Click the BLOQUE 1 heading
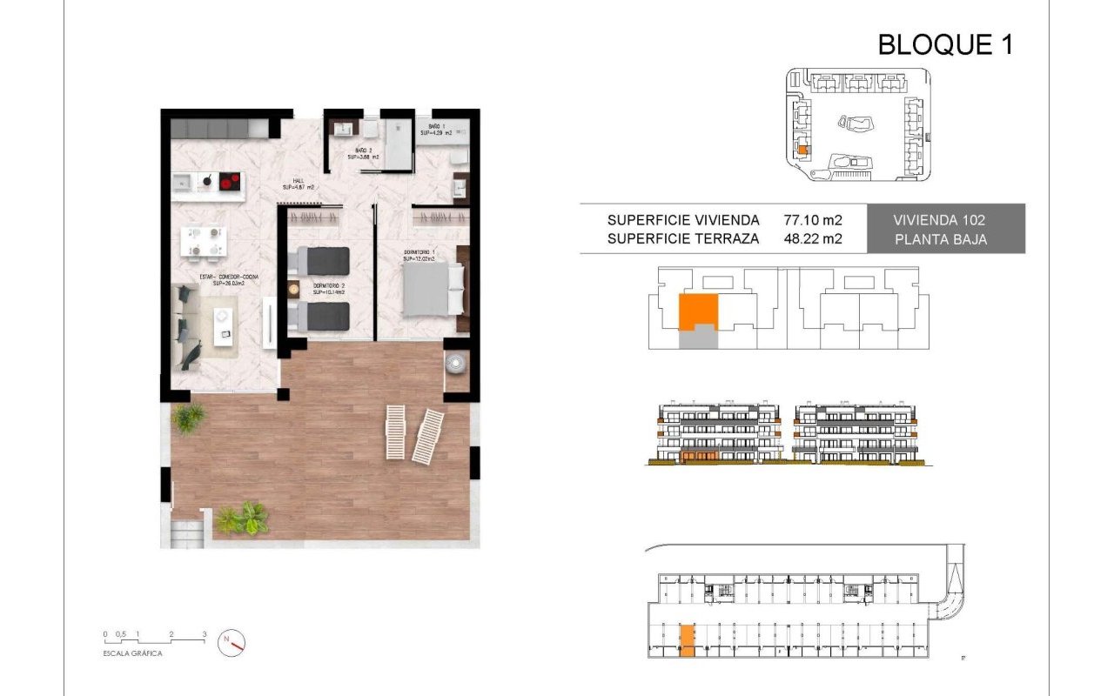pyautogui.click(x=945, y=43)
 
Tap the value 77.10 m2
pyautogui.click(x=813, y=220)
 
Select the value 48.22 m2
pyautogui.click(x=813, y=238)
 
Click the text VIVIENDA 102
pyautogui.click(x=941, y=220)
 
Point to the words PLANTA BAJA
pyautogui.click(x=941, y=239)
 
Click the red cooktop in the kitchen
pyautogui.click(x=230, y=182)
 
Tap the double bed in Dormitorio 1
pyautogui.click(x=426, y=289)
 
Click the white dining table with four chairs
pyautogui.click(x=204, y=242)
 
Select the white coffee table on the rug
pyautogui.click(x=225, y=334)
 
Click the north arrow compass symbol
pyautogui.click(x=232, y=642)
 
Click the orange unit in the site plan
pyautogui.click(x=803, y=151)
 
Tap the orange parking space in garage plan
pyautogui.click(x=687, y=639)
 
